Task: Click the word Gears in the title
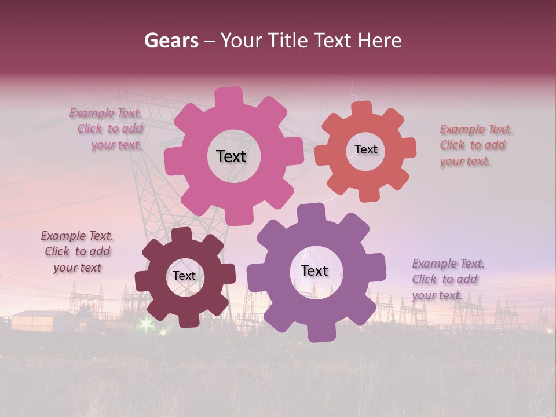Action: click(x=171, y=41)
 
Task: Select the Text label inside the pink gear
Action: click(x=231, y=156)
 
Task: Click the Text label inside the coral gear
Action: click(x=365, y=149)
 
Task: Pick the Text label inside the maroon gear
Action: click(x=184, y=276)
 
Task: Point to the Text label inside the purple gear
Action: click(x=314, y=270)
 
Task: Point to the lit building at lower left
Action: click(x=43, y=320)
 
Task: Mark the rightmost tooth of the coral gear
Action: click(x=408, y=147)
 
